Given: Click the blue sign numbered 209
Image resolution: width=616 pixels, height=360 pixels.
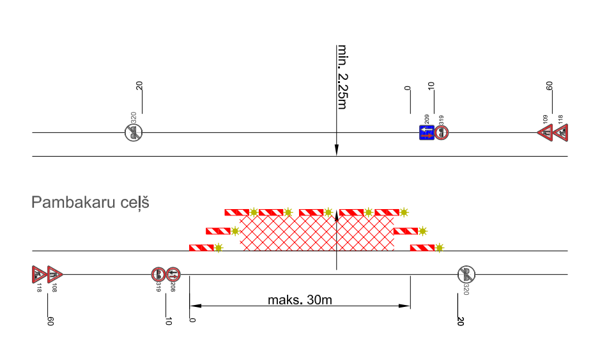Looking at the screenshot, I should [x=426, y=132].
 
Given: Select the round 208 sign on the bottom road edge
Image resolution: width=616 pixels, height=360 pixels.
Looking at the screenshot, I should [x=173, y=275].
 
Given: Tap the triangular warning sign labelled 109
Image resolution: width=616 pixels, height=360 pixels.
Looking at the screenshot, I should [x=546, y=133].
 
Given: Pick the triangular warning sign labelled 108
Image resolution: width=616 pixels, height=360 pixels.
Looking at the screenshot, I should [x=55, y=274].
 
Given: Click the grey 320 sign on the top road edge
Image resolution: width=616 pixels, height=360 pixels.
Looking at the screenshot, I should [x=134, y=132].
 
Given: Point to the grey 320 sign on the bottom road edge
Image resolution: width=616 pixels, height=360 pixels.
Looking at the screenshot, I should [x=466, y=275].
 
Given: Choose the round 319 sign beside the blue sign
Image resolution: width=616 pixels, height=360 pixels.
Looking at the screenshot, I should [x=442, y=132].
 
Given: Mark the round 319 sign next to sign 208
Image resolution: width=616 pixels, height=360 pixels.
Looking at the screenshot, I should [x=158, y=275].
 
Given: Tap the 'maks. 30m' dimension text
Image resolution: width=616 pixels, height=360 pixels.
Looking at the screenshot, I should [x=300, y=299].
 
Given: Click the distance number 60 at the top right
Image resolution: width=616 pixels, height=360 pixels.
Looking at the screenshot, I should [x=549, y=87].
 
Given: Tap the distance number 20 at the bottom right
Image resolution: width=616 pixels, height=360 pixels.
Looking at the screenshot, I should [x=460, y=321].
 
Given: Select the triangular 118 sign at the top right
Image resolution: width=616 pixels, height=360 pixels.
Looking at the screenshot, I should [x=560, y=133].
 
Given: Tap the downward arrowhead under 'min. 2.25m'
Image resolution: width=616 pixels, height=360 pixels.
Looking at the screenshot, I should [x=336, y=151].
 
